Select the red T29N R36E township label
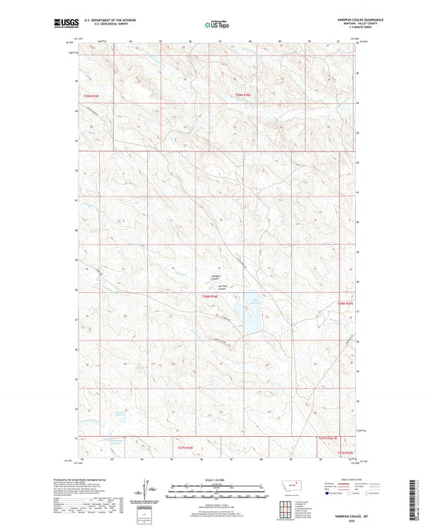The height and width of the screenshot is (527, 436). pos(245,96)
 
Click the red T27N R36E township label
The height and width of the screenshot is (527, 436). pos(186,447)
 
